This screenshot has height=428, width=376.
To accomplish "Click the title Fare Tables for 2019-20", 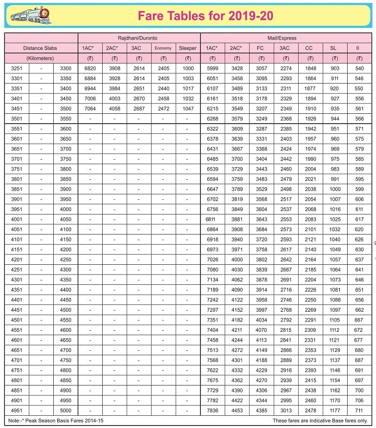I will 205,16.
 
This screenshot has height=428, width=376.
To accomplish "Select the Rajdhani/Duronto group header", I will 139,38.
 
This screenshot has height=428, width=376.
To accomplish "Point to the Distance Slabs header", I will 41,48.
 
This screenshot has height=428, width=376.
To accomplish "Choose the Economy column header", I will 163,48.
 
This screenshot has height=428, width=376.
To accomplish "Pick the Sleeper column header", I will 188,48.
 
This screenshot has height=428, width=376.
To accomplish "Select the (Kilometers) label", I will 41,58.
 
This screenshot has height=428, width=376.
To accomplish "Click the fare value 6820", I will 90,68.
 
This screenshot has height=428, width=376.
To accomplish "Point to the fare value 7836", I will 213,410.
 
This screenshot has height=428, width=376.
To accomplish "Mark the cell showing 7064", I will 90,108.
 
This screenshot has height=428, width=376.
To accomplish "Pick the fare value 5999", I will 213,68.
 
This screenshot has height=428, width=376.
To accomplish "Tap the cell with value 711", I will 359,410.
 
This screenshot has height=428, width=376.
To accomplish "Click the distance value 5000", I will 66,410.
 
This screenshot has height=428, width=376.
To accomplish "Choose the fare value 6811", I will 211,219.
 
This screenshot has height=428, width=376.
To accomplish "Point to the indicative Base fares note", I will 320,420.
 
